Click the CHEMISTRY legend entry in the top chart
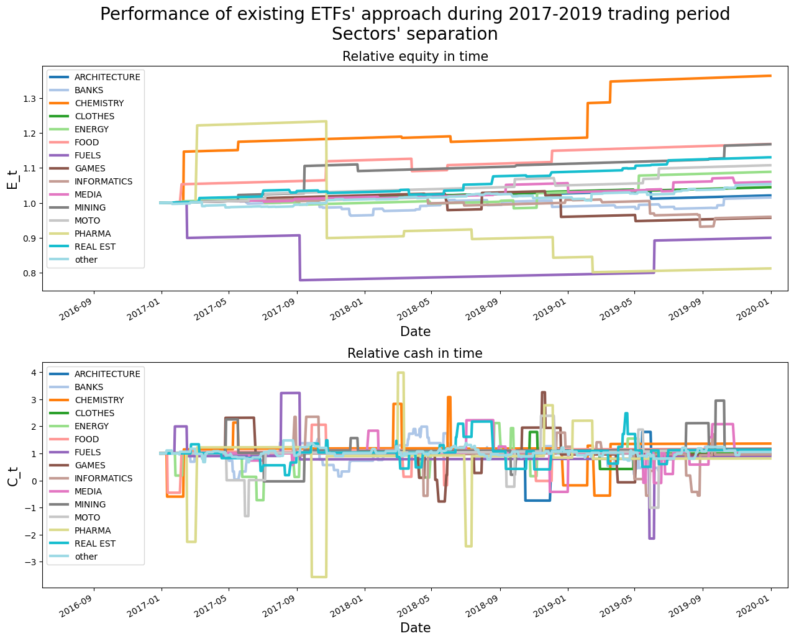point(99,103)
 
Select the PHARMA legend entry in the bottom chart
point(93,530)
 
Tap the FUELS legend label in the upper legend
point(88,155)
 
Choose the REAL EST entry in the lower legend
point(94,543)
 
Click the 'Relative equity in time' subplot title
point(415,57)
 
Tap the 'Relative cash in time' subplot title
point(415,353)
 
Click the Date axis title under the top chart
point(415,331)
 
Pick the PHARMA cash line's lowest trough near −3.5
point(319,576)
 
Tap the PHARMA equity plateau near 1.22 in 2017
point(261,123)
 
